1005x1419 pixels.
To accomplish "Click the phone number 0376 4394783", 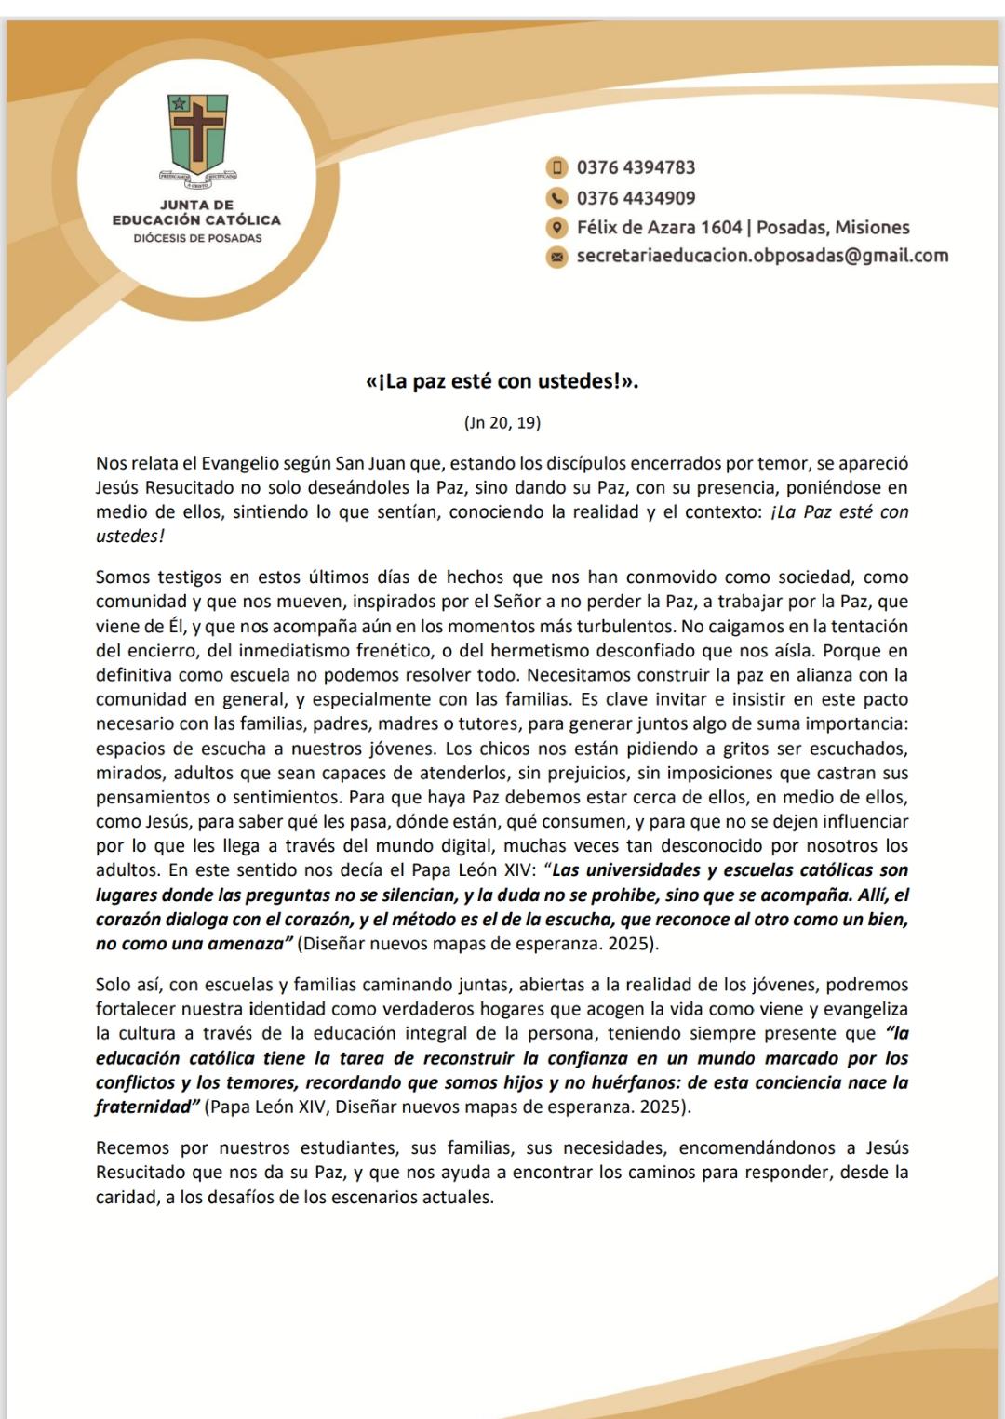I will tap(636, 167).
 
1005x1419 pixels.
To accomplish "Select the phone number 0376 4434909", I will tap(636, 198).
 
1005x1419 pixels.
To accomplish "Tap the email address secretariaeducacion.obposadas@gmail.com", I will tap(762, 256).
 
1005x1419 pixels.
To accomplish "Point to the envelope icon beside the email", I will tap(556, 257).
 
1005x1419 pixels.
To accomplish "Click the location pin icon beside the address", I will tap(556, 228).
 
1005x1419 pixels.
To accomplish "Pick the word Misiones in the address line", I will tap(872, 228).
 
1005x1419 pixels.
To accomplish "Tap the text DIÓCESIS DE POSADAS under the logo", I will tap(197, 238).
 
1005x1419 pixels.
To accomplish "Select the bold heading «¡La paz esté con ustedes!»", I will tap(502, 382).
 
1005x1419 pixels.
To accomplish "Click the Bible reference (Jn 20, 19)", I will tap(502, 423).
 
